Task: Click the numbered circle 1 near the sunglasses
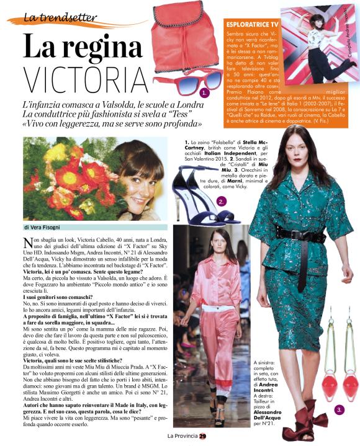point(204,93)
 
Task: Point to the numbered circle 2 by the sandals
point(222,202)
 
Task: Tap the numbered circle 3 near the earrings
point(339,410)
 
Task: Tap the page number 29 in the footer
point(211,435)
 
